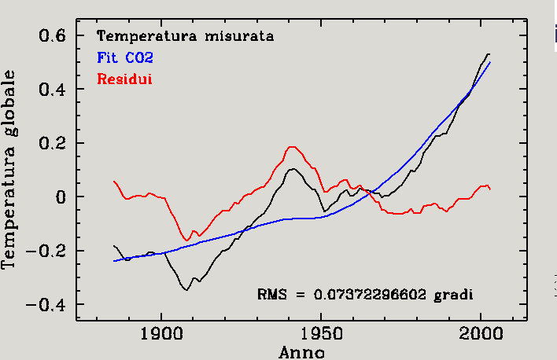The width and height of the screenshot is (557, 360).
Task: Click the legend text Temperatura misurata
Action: click(x=185, y=36)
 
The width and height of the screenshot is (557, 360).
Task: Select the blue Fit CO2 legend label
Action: click(x=124, y=57)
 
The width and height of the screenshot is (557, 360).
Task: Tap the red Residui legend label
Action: click(x=124, y=79)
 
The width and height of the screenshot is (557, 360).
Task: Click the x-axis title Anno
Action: click(x=301, y=351)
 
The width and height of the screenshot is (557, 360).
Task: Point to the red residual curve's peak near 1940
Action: click(x=293, y=147)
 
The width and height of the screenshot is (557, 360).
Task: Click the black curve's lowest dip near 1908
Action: click(x=186, y=290)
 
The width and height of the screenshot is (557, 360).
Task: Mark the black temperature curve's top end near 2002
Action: click(x=488, y=53)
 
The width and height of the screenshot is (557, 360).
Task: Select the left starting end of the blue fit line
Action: click(x=114, y=261)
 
